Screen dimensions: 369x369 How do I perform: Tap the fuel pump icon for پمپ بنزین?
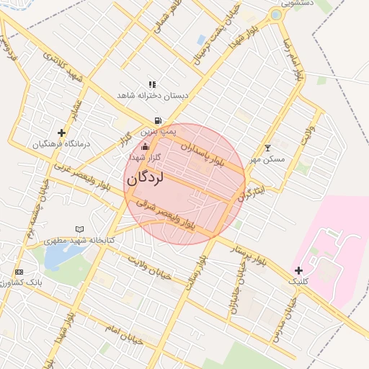pyautogui.click(x=158, y=121)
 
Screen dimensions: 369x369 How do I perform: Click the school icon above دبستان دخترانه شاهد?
pyautogui.click(x=152, y=84)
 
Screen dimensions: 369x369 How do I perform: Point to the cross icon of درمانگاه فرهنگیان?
pyautogui.click(x=61, y=133)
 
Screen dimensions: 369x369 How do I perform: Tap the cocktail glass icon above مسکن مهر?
pyautogui.click(x=268, y=148)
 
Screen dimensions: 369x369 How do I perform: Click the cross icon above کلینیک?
pyautogui.click(x=298, y=270)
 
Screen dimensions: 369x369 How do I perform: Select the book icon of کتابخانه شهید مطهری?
pyautogui.click(x=79, y=229)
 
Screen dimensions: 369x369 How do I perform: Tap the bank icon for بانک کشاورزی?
pyautogui.click(x=19, y=272)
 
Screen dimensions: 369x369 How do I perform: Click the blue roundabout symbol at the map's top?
pyautogui.click(x=275, y=14)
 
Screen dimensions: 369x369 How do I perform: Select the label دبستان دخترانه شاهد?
pyautogui.click(x=154, y=95)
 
